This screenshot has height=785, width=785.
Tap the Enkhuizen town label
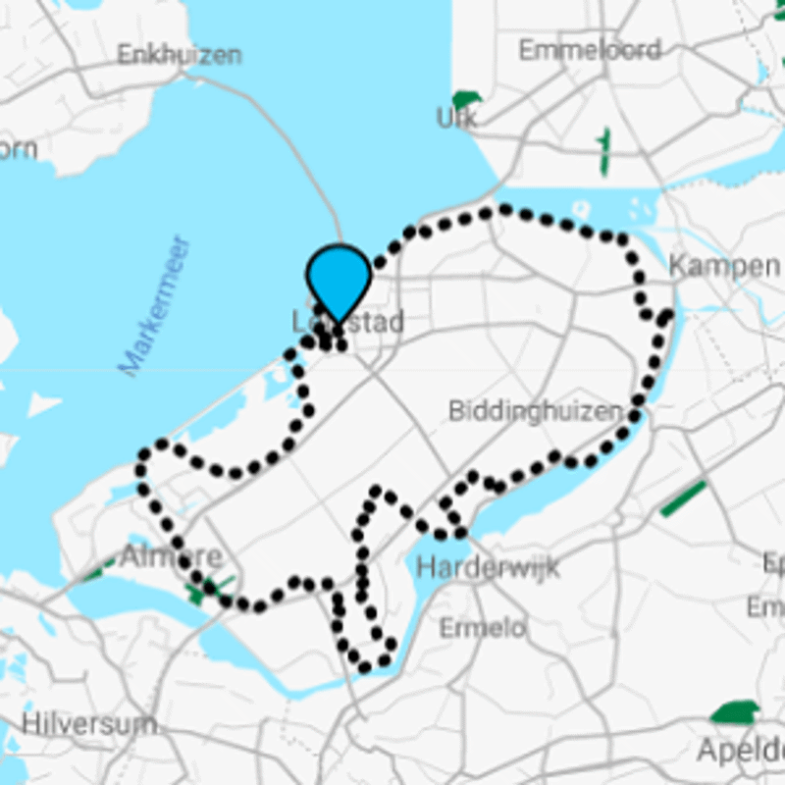(179, 54)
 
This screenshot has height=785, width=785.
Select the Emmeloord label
(589, 49)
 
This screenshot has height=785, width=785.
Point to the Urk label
(456, 119)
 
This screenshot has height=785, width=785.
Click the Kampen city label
(724, 265)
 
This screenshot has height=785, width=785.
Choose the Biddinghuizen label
(535, 410)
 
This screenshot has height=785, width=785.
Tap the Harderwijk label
(488, 566)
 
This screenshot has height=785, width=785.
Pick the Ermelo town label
(482, 627)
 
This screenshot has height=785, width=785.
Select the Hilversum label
(88, 725)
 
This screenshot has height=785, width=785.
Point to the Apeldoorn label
(741, 751)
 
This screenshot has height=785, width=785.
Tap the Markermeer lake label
(154, 305)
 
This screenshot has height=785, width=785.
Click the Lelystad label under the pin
(348, 322)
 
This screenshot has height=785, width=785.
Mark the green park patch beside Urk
(466, 99)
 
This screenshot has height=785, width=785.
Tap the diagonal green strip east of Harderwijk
(683, 498)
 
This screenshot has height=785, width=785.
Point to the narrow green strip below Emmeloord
(603, 151)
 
